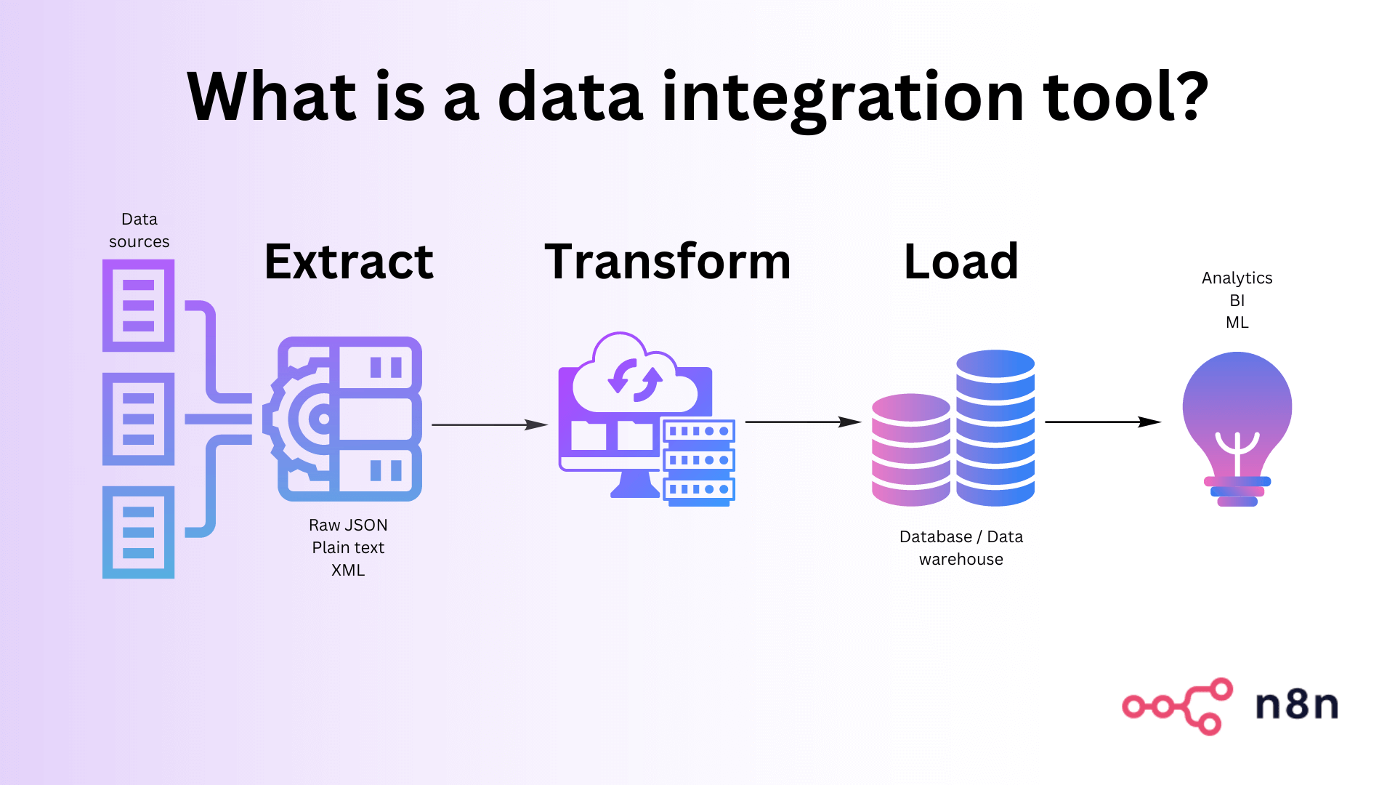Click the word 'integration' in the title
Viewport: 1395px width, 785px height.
[843, 98]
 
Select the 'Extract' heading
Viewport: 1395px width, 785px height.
[349, 262]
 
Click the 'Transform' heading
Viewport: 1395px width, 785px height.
[667, 262]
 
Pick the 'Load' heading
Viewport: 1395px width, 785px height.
[961, 262]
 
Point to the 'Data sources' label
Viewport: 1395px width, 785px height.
[139, 230]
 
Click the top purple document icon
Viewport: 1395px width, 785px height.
[138, 305]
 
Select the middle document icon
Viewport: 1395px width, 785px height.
[138, 419]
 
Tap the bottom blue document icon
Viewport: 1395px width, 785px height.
[138, 532]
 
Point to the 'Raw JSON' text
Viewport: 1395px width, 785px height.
[348, 525]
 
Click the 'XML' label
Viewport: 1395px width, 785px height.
[348, 570]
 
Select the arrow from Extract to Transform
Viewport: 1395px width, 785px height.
[488, 424]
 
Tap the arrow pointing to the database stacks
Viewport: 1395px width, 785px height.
[802, 422]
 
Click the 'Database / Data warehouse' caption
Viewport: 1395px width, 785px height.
[961, 547]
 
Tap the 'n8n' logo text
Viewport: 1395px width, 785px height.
[1297, 705]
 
